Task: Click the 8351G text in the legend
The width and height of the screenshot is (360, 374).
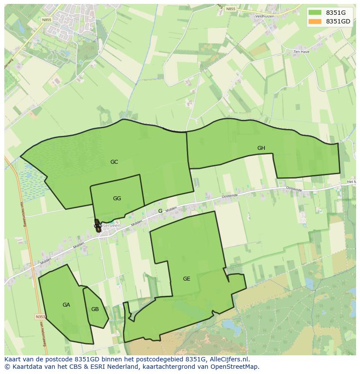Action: point(336,13)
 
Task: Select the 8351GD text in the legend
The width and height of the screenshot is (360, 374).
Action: point(338,21)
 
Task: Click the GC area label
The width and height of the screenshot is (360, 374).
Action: point(114,162)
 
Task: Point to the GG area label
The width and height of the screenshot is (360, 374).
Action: point(117,199)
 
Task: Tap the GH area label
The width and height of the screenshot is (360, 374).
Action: point(261,148)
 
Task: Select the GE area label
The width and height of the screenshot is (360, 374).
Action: point(187,279)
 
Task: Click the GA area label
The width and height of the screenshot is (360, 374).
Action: point(66,305)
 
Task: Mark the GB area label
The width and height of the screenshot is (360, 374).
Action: point(95,309)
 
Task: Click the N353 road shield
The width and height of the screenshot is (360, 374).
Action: point(40,317)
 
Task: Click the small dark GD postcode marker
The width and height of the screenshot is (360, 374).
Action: point(97,226)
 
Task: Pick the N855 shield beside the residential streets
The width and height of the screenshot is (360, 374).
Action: point(46,20)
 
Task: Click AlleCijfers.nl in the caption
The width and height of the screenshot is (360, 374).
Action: point(233,359)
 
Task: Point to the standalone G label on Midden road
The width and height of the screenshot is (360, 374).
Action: point(160,211)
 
